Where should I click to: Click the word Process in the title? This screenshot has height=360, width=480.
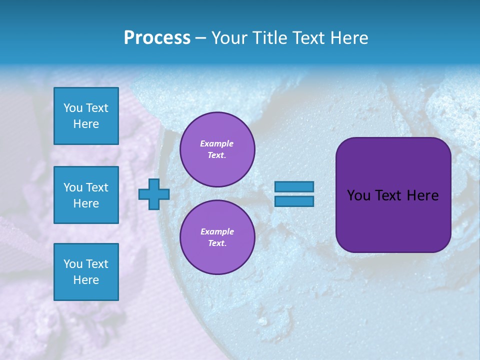point(157,38)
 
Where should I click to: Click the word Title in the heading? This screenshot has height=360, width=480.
point(269,38)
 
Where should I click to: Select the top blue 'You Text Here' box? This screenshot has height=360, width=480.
point(86,116)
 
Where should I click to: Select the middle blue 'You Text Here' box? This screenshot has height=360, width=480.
point(86,195)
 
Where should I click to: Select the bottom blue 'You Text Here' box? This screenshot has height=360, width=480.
point(86,271)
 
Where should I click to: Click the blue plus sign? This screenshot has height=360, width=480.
point(154,194)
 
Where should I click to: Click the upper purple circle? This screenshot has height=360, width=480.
point(217,149)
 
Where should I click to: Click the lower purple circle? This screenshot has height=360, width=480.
point(217,237)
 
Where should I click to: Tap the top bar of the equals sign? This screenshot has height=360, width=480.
point(294,186)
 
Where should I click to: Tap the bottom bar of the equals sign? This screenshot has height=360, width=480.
point(294,201)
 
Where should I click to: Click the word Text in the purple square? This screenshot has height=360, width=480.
point(393,195)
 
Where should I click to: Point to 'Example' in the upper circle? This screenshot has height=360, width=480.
point(217,143)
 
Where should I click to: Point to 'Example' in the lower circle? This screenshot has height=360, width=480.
point(217,231)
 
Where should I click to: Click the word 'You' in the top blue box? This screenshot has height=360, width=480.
point(73,108)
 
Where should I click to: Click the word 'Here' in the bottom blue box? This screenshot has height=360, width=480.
point(86,280)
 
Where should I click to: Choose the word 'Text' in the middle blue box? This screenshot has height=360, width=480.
point(97,187)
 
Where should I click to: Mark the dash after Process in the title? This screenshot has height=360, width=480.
point(201,38)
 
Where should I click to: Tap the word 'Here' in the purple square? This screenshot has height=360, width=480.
point(422,195)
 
